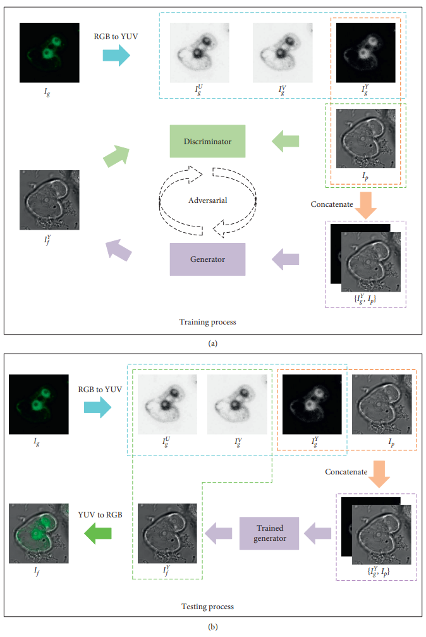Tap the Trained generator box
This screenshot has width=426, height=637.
pyautogui.click(x=269, y=533)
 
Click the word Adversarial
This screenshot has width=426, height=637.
pyautogui.click(x=207, y=201)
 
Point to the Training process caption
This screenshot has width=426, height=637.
pyautogui.click(x=207, y=322)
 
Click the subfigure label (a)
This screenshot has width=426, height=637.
pyautogui.click(x=212, y=343)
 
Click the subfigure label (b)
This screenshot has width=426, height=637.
pyautogui.click(x=212, y=628)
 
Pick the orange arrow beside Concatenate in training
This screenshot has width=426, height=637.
pyautogui.click(x=365, y=204)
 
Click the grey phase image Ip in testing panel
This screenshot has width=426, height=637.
pyautogui.click(x=381, y=404)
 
